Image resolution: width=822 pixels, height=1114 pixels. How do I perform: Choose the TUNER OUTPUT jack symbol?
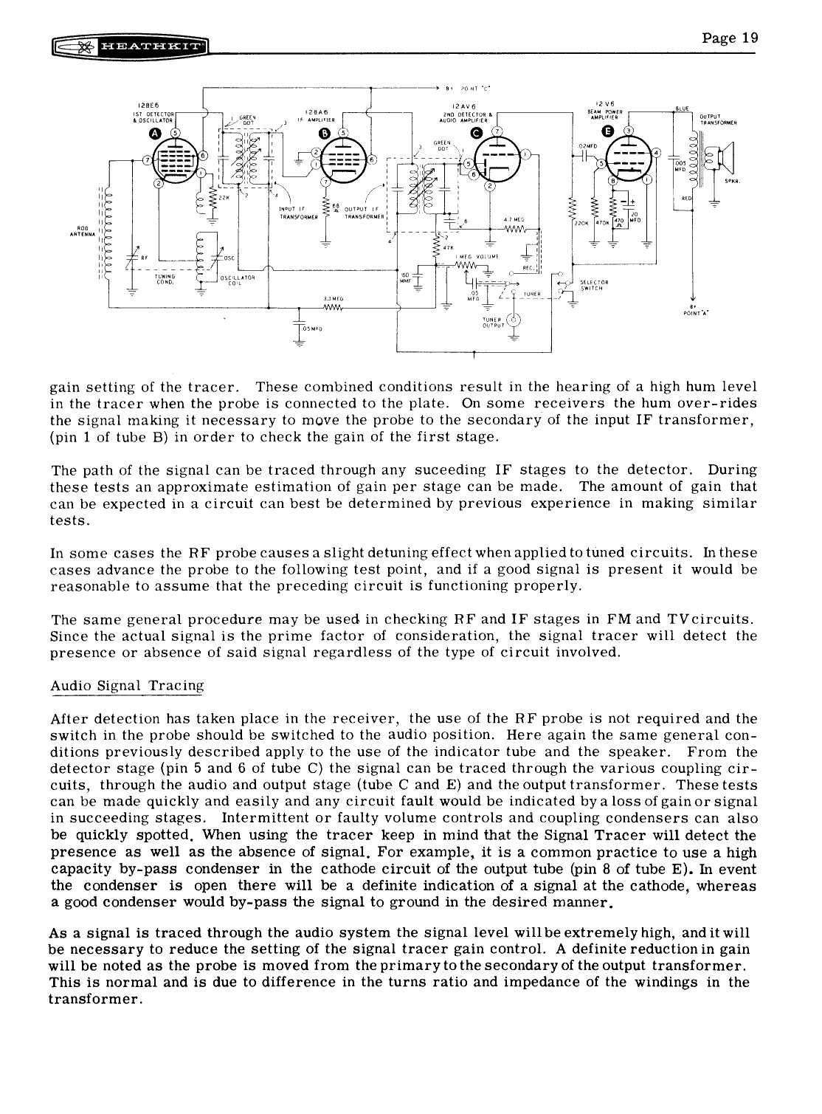[x=515, y=320]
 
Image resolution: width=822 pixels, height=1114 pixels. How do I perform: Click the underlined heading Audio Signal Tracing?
[x=126, y=685]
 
